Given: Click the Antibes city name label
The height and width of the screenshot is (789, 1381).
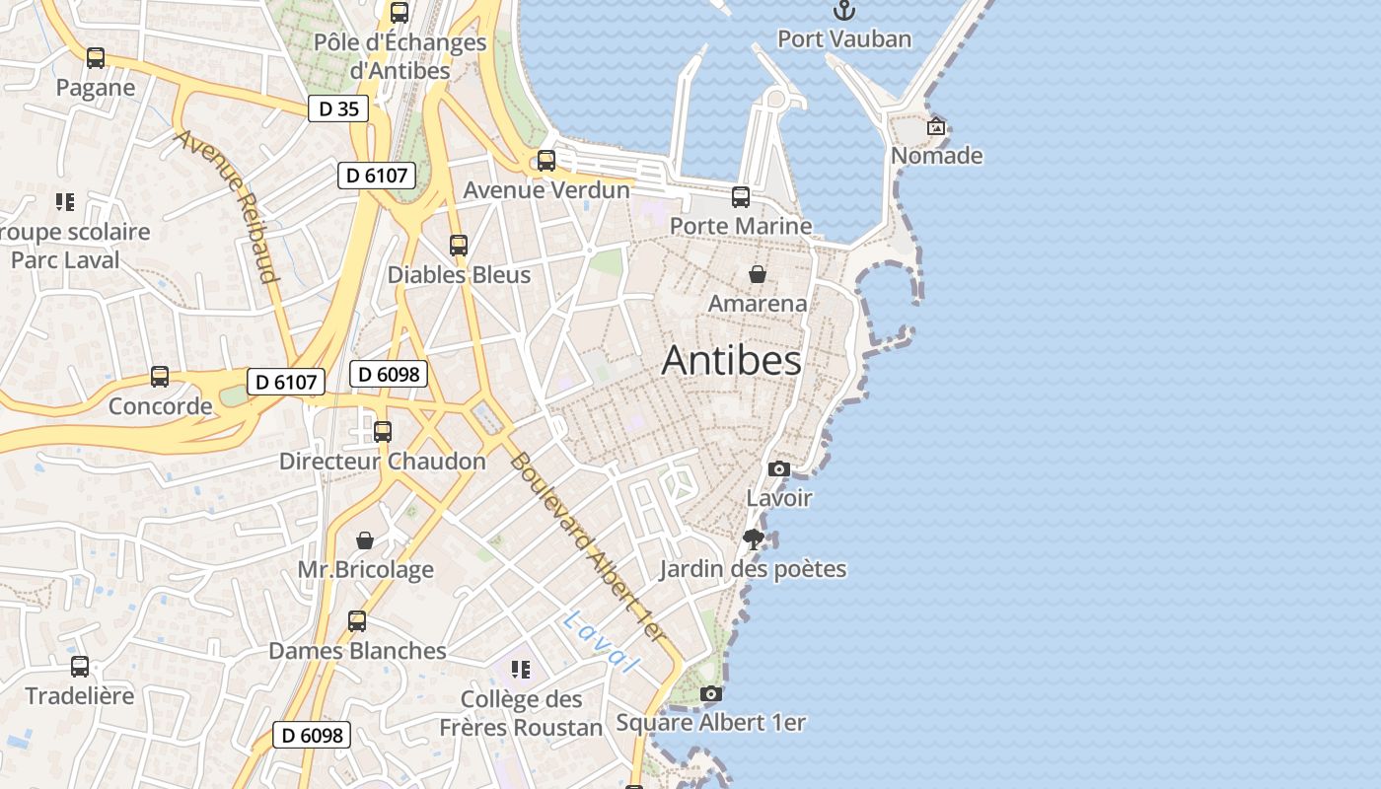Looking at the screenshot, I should point(731,361).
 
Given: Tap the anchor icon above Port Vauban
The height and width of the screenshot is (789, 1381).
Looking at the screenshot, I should point(844,11).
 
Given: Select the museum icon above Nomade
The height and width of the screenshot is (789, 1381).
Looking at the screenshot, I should point(936,127).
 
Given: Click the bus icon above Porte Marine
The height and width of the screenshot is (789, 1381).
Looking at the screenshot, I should point(741,197).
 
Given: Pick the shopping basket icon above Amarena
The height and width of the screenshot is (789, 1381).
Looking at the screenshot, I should point(758,274).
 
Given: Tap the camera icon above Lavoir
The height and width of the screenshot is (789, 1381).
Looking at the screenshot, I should point(779,469).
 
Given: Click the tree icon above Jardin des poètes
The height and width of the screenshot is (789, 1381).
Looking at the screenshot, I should point(754,539).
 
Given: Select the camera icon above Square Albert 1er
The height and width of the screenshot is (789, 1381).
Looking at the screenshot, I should point(710,694).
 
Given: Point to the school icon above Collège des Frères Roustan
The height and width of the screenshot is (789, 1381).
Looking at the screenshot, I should point(521,671).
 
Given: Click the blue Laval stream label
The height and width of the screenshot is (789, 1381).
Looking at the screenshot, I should point(602,642).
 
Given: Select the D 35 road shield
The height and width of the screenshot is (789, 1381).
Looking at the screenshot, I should point(338,108).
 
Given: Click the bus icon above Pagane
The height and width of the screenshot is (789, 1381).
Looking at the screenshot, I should point(96,58).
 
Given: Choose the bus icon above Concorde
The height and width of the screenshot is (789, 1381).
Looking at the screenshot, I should point(160,377).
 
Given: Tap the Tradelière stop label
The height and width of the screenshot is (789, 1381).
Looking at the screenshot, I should point(80,696).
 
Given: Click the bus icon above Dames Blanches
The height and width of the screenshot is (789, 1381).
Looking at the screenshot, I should point(357,621).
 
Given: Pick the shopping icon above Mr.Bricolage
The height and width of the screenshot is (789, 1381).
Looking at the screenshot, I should point(365,540).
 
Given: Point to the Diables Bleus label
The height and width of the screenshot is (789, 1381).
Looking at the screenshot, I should point(459,275).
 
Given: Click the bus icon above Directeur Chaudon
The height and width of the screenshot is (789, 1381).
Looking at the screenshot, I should point(383,432).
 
